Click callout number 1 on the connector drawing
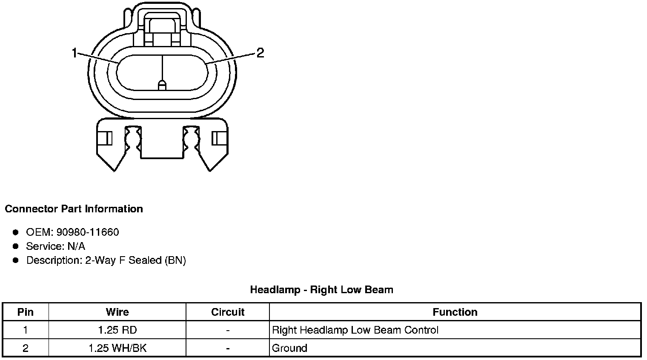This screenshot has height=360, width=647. [x=74, y=53]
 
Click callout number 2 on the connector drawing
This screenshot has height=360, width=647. [x=260, y=53]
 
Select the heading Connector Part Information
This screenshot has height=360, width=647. [x=74, y=209]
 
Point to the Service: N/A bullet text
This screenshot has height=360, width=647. [x=55, y=246]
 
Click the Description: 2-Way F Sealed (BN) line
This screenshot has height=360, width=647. [x=106, y=260]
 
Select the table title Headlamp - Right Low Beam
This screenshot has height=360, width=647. [x=321, y=290]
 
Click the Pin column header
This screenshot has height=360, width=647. [x=26, y=312]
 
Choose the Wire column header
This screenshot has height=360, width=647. [x=117, y=312]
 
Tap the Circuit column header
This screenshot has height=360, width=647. [x=228, y=312]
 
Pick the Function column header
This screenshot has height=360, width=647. [x=455, y=312]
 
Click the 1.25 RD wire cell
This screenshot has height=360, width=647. [x=117, y=330]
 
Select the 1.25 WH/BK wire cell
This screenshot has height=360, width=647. [x=117, y=348]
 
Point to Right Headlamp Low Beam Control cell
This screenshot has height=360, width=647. [x=355, y=330]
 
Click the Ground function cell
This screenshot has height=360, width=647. [x=289, y=348]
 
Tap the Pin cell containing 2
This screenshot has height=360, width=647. [x=26, y=348]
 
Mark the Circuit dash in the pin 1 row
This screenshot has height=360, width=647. [x=228, y=330]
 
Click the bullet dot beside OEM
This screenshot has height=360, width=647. [x=16, y=232]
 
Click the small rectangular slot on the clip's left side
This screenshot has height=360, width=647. [x=106, y=138]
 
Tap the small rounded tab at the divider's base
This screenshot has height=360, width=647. [x=162, y=86]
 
